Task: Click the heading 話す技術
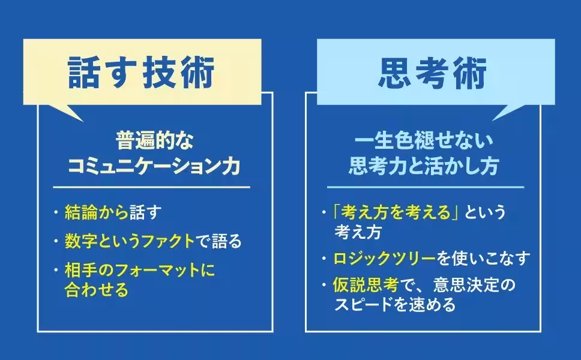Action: [142, 74]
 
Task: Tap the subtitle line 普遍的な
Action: [155, 142]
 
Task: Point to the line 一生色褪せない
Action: [424, 142]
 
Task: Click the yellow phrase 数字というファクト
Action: [129, 241]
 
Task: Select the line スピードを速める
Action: [396, 304]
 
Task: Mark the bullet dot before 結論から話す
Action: [55, 212]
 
